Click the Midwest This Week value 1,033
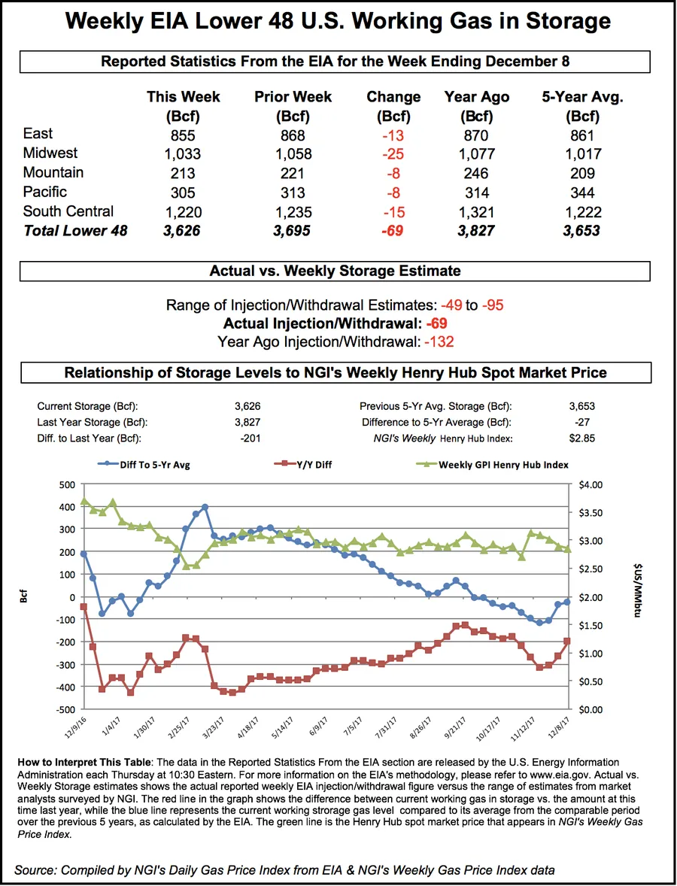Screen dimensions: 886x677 183,153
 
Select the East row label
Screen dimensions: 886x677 38,134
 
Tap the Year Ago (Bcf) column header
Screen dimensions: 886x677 476,106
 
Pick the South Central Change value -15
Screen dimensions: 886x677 393,212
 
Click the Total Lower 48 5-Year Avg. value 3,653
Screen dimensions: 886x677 581,231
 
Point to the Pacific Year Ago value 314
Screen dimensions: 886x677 476,193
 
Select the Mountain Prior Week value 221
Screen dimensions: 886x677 293,173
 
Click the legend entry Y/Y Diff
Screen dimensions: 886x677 311,465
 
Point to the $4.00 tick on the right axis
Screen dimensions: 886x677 591,484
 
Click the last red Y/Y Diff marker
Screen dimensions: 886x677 567,641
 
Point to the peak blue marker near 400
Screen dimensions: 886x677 205,508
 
